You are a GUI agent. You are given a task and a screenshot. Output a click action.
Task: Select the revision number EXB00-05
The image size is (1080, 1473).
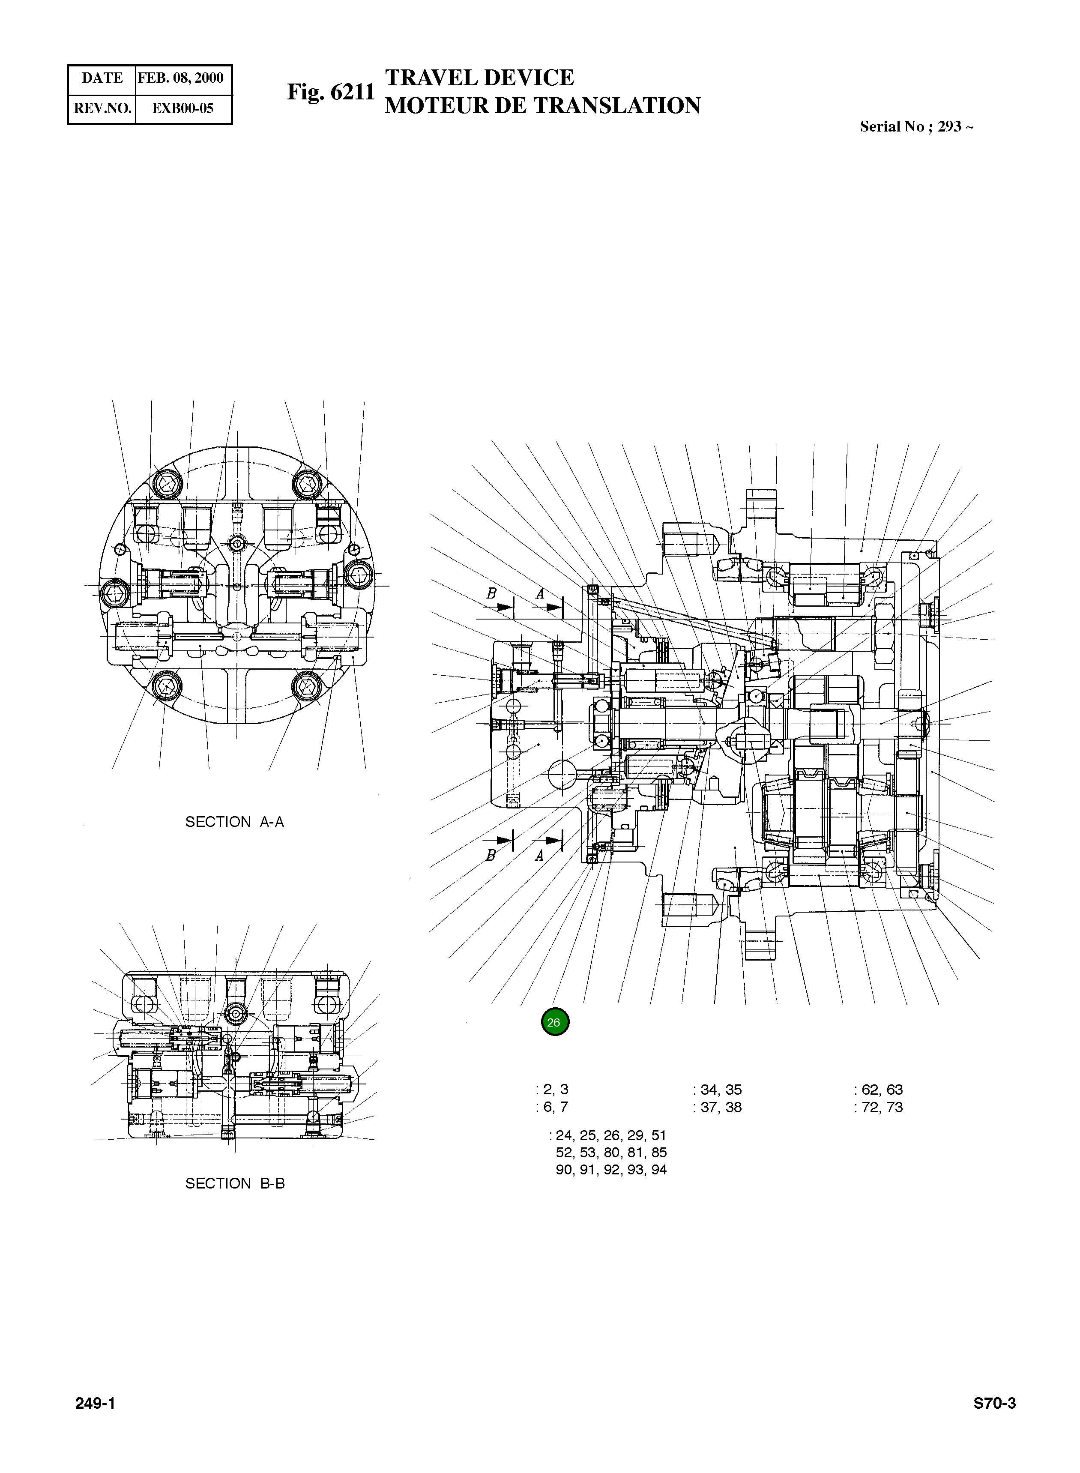pos(182,108)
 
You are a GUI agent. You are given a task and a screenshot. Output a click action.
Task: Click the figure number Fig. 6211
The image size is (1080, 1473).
pos(331,92)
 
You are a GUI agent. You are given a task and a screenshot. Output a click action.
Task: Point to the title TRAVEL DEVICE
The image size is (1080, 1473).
pos(479,78)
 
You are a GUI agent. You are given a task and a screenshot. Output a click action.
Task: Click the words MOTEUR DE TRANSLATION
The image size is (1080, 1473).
pos(542,105)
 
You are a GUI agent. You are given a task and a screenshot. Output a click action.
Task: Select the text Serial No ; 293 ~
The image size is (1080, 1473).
pos(916,127)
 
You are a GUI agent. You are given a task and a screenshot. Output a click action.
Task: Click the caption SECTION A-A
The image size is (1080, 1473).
pos(235,822)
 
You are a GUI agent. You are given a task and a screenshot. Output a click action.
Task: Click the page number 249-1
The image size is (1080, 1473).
pos(96,1404)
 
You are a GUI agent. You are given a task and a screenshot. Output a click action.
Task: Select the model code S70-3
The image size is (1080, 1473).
pos(994,1404)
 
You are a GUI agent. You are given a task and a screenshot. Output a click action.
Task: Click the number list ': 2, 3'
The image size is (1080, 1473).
pos(552,1089)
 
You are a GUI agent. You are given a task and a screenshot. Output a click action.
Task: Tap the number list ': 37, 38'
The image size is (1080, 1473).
pos(718,1107)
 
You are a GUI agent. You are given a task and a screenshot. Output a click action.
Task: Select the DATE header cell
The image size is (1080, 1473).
pos(102,78)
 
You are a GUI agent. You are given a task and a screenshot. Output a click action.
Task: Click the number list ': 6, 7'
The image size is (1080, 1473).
pos(552,1107)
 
